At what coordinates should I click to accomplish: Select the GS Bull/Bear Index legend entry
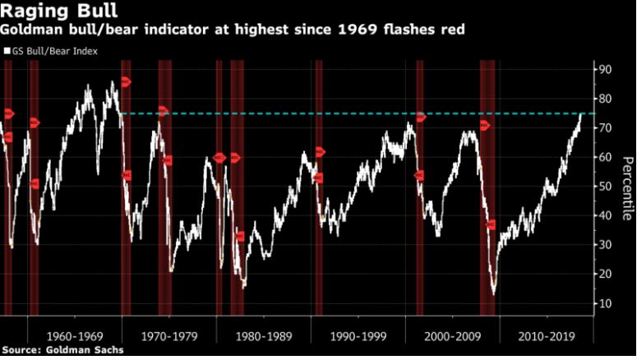click(51, 51)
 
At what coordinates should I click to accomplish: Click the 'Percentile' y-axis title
click(627, 186)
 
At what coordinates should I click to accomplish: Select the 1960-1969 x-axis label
click(75, 335)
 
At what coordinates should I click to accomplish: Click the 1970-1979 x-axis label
click(169, 335)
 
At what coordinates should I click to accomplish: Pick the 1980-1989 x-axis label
click(264, 335)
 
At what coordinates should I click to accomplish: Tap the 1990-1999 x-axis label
click(358, 335)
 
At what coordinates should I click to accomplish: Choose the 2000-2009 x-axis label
click(452, 335)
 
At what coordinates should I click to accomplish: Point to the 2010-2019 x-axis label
click(545, 335)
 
